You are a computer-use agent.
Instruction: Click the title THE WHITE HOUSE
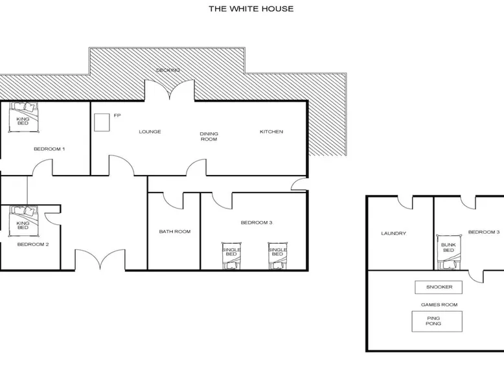tap(251, 8)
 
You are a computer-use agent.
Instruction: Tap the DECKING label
tap(168, 70)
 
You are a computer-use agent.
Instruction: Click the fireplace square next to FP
tap(102, 122)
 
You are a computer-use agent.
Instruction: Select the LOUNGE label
tap(150, 131)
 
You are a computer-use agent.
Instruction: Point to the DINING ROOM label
tap(209, 136)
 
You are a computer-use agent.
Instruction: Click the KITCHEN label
tap(271, 131)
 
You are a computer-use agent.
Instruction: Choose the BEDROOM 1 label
tap(49, 149)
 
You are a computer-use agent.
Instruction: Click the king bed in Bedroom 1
tap(23, 117)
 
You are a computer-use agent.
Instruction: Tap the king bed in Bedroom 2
tap(23, 221)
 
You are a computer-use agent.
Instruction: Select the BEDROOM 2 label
tap(33, 244)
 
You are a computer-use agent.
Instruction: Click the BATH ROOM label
tap(175, 231)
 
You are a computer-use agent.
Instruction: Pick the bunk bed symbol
tap(448, 252)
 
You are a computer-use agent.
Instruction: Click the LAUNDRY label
tap(393, 233)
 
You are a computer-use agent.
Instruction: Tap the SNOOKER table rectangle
tap(439, 287)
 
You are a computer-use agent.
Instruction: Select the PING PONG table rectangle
tap(437, 321)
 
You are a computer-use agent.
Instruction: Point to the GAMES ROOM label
tap(439, 304)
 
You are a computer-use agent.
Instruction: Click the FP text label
tap(117, 115)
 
